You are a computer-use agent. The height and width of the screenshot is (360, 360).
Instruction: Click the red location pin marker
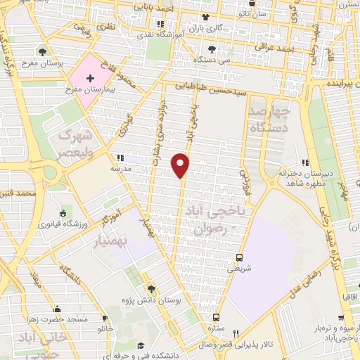coord(181,165)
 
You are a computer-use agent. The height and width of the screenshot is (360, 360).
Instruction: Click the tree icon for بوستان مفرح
coord(43,52)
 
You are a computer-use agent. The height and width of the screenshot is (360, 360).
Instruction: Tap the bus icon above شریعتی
coord(239,257)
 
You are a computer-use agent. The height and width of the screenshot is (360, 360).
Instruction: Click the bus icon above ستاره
coord(216,317)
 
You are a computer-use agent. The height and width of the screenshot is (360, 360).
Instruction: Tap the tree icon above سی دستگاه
coord(212,49)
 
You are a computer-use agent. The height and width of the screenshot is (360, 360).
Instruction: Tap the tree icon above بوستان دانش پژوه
coord(150,288)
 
